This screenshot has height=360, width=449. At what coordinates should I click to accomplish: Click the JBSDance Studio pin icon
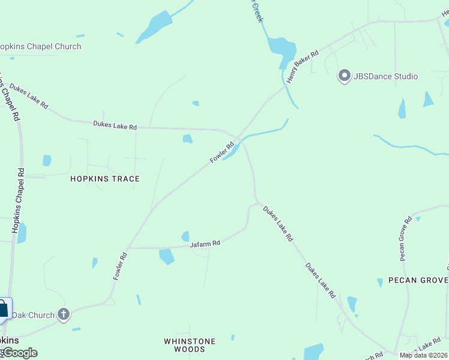point(344,76)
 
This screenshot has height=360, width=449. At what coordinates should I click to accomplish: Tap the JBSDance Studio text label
point(385,76)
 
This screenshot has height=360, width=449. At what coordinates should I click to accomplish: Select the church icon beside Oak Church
point(64,314)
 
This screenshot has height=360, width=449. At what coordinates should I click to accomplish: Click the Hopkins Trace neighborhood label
point(105,179)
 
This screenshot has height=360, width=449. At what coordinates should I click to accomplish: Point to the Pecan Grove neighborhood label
point(418,280)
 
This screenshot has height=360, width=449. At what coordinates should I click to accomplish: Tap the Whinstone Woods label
point(190,345)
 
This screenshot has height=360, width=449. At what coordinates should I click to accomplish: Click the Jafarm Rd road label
point(205,244)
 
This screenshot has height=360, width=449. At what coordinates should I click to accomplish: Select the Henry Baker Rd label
point(302,67)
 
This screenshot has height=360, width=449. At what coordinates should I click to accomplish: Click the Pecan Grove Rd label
point(405,239)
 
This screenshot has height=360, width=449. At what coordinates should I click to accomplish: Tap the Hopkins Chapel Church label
point(40,46)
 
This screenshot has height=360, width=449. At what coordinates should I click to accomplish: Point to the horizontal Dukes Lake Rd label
point(115,126)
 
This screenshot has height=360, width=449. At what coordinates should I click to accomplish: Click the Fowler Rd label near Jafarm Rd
point(120,265)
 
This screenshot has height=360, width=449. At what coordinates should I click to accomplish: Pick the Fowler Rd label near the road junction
point(221,152)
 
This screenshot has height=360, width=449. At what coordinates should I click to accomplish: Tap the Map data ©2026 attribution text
point(423,355)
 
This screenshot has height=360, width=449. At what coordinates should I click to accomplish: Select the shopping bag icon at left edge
point(4,310)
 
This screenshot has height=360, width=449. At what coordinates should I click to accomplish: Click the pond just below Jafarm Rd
point(166,256)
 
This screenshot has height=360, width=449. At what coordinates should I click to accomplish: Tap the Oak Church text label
point(34,315)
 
